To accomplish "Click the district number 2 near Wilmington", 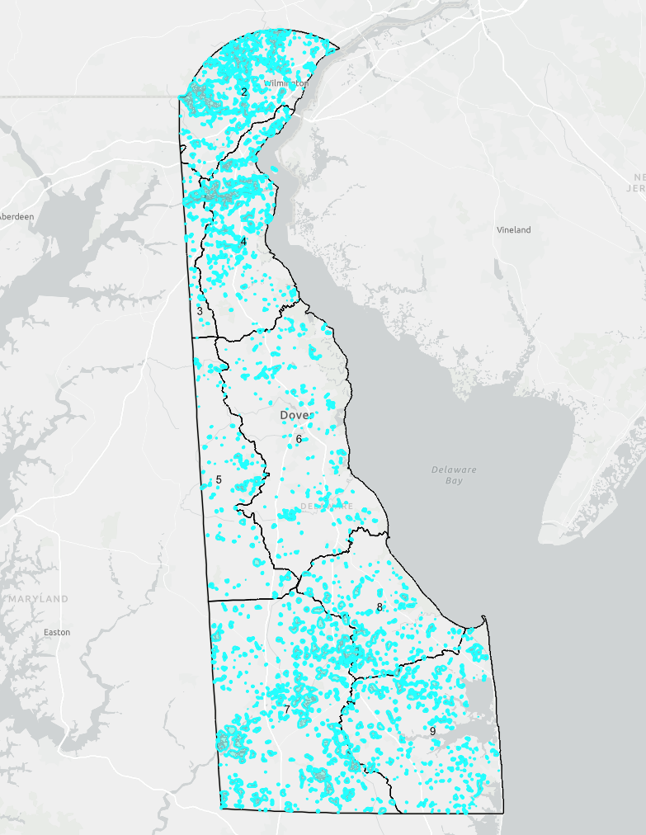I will [x=244, y=92].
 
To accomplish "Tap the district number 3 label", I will [x=200, y=311].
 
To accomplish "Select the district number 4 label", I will [x=244, y=242].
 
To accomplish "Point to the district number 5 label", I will [x=219, y=480].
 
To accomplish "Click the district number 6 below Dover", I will [x=299, y=439].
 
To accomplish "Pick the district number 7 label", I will [x=286, y=710].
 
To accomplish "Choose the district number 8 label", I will [x=380, y=607].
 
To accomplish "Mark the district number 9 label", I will [x=432, y=731].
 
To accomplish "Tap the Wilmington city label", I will [x=286, y=83].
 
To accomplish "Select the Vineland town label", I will [x=513, y=230].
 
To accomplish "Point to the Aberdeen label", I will [x=17, y=216].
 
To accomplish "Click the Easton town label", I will [x=57, y=632].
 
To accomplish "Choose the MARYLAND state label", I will [x=38, y=599].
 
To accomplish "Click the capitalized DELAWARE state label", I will [x=327, y=506].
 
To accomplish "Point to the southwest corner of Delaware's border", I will [x=221, y=807].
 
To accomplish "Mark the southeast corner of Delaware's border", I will [x=502, y=813].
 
